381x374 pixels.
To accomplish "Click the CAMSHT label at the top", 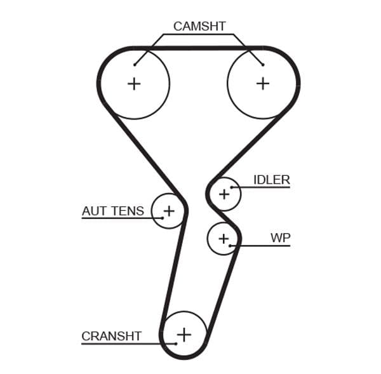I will coord(199,26).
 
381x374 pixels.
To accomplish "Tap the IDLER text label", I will coord(271,180).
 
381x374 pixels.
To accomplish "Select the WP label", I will coord(280,237).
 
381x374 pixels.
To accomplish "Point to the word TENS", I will coord(128,211).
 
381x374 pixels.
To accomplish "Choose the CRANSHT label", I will coord(111,336).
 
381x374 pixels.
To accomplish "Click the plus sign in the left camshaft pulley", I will coord(134,84).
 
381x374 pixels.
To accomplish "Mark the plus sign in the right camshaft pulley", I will coord(262,83).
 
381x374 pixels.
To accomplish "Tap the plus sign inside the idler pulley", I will coord(224,194).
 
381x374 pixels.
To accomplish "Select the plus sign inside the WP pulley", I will coord(223,238).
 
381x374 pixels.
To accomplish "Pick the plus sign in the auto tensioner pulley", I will coord(169,210).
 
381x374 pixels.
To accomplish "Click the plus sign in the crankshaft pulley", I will coord(184,333).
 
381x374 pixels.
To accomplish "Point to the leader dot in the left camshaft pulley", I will coord(135,64).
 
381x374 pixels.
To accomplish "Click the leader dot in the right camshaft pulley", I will coord(262,63).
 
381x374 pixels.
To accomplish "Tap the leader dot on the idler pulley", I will coord(232,187).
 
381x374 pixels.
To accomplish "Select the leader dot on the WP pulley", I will coord(231,245).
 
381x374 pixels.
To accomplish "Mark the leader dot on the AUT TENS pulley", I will coord(163,218).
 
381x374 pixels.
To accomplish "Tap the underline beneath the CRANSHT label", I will coord(121,344).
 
